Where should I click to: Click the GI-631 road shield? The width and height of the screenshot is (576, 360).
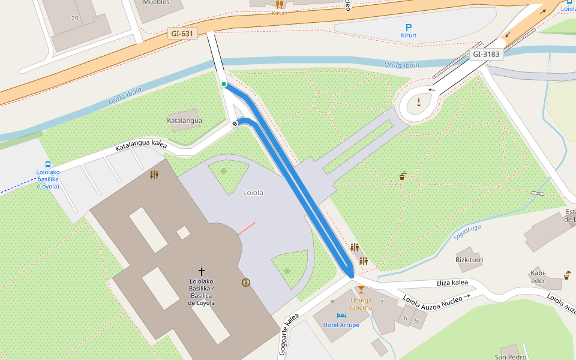[x=182, y=34]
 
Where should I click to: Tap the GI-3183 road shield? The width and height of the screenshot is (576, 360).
[x=486, y=54]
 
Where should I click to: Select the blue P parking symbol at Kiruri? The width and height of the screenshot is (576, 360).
[x=409, y=27]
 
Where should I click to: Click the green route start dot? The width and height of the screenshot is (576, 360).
[x=224, y=84]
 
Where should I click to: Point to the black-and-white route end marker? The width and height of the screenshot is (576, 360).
[x=235, y=123]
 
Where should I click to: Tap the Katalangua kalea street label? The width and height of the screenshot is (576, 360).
[x=141, y=145]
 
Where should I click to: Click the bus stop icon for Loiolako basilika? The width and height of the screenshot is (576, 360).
[x=48, y=164]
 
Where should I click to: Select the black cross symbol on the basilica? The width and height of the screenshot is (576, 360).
[x=202, y=272]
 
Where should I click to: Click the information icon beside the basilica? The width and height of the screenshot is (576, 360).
[x=245, y=283]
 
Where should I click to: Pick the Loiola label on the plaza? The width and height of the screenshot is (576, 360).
[x=253, y=193]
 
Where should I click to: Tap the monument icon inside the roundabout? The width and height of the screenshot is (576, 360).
[x=418, y=102]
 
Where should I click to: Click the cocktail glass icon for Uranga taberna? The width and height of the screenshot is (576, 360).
[x=361, y=290]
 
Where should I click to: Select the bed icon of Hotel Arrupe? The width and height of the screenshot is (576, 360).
[x=341, y=316]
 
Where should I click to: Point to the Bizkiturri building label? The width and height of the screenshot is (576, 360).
[x=469, y=260]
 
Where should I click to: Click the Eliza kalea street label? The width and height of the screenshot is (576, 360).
[x=452, y=282]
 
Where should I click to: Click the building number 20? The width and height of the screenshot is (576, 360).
[x=74, y=18]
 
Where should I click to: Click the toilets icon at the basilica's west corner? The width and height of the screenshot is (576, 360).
[x=154, y=175]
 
